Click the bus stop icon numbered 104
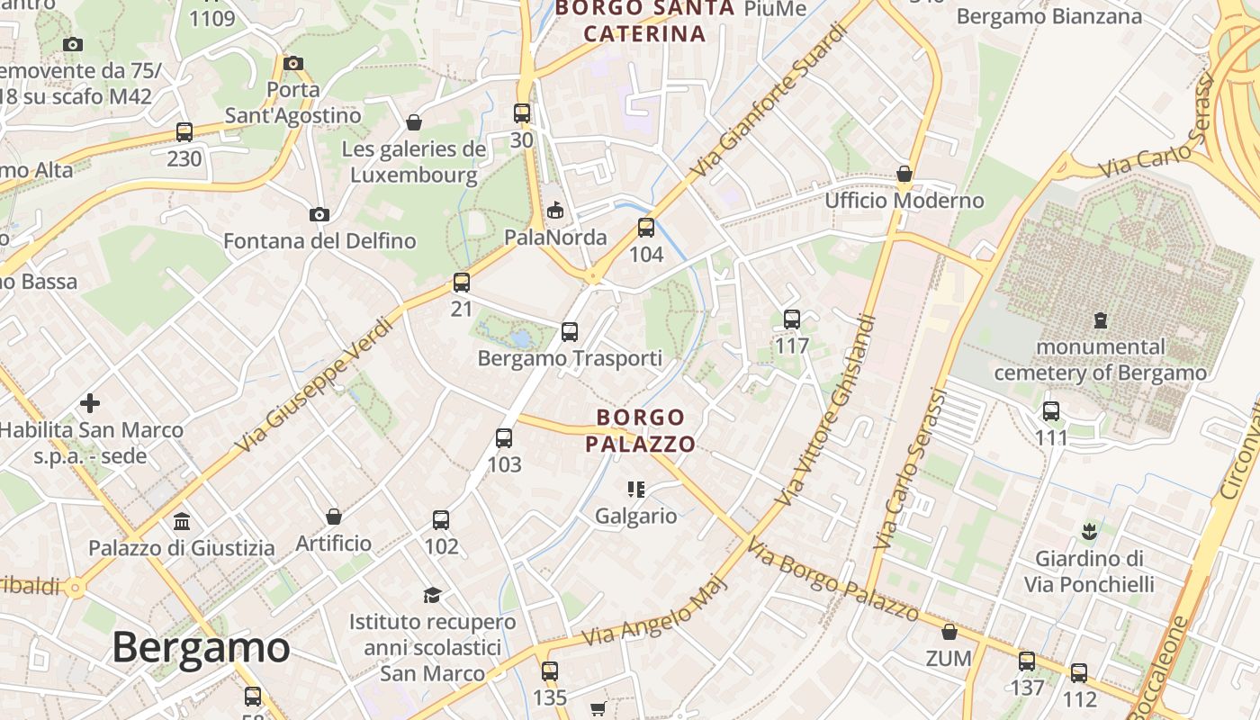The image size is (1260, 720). click(646, 228)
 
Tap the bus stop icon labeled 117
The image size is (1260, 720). click(792, 319)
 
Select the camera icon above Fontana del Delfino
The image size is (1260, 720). click(319, 214)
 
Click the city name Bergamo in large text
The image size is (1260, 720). click(201, 648)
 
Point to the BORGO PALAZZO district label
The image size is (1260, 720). click(640, 430)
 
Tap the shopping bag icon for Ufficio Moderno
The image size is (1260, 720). click(904, 174)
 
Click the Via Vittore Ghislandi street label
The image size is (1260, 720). click(829, 409)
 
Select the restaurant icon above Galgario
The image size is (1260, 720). click(636, 490)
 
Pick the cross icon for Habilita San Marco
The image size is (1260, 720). click(90, 403)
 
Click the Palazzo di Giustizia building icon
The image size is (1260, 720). click(182, 521)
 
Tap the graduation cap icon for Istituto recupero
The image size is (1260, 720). click(433, 595)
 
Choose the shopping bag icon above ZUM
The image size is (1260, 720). click(949, 632)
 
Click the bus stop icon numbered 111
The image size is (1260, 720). click(1051, 411)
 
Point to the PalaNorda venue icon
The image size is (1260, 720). click(555, 211)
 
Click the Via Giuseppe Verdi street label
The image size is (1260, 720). click(314, 384)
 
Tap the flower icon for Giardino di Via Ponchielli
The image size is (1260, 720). click(1089, 531)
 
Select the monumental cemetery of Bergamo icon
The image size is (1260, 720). click(1100, 319)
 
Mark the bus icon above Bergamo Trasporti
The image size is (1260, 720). click(570, 331)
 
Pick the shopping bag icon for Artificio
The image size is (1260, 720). click(334, 517)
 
